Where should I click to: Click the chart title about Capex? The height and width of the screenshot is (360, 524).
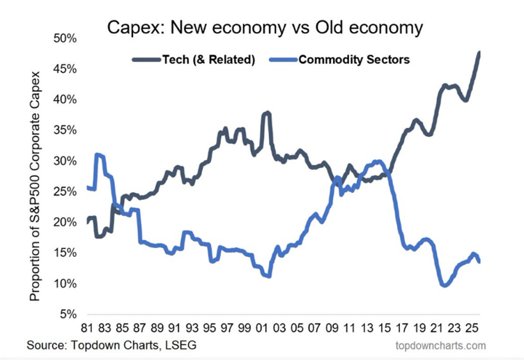pos(264,29)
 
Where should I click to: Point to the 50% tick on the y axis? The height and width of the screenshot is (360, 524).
pos(65,38)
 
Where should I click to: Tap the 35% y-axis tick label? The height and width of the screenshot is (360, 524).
pos(65,130)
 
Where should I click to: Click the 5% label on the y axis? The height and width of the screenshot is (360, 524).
pos(68,315)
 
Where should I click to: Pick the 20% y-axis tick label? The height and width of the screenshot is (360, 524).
pos(65,223)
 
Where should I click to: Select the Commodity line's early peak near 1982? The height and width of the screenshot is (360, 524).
pos(99,155)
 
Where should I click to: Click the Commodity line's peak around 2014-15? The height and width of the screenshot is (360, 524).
pos(377,161)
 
